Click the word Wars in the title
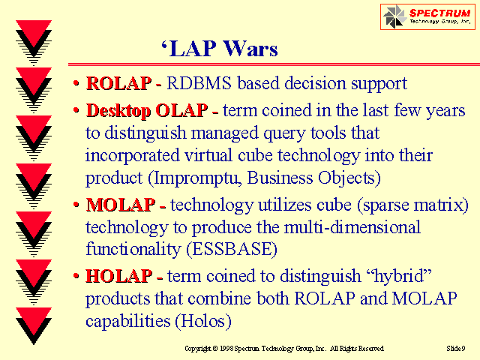coord(250,48)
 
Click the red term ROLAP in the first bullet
coord(118,83)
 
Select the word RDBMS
coord(199,83)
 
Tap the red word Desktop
coord(118,110)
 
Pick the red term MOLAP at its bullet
coord(121,205)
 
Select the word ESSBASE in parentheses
coord(232,249)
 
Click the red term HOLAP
coord(118,276)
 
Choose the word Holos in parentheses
coord(203,321)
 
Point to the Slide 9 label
coord(456,348)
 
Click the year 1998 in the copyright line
coord(226,348)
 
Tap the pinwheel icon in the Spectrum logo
coord(394,16)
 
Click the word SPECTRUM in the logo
coord(440,13)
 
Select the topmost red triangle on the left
coord(34,29)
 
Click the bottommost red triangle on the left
coord(34,316)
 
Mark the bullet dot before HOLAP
coord(76,276)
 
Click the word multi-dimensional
coord(352,227)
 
